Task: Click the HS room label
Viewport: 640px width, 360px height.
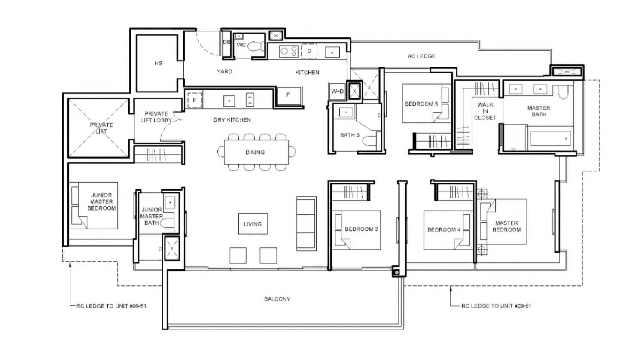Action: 158,63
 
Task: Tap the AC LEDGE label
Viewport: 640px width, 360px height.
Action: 421,56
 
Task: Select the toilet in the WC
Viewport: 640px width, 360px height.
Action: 256,46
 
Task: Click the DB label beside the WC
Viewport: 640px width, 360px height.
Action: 226,42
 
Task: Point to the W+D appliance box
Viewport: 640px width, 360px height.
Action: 338,91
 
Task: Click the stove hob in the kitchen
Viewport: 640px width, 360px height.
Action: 289,52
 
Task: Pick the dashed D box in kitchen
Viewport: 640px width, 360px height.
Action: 309,51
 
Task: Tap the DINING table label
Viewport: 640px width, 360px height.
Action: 255,152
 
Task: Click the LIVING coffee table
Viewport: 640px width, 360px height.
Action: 253,224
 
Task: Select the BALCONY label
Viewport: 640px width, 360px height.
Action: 277,299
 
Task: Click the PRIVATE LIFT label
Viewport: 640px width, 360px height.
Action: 101,128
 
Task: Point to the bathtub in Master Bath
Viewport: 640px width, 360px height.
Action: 551,139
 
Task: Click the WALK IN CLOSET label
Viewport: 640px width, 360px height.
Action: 485,111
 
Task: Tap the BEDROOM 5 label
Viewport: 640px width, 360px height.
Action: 421,104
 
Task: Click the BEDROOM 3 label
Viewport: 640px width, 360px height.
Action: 361,229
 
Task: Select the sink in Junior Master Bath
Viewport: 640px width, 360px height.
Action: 170,203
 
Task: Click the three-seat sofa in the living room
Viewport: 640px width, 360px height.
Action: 306,223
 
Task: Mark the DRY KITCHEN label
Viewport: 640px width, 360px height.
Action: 232,120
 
